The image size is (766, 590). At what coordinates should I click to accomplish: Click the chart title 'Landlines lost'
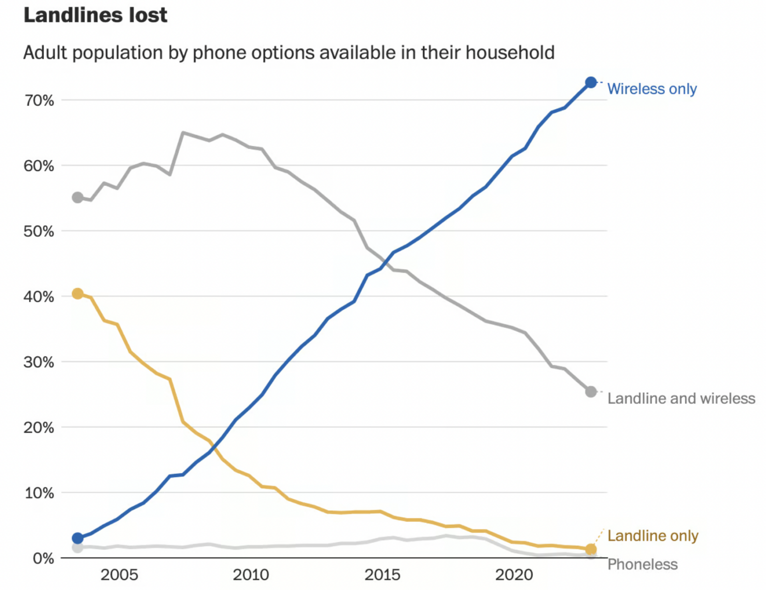pos(95,15)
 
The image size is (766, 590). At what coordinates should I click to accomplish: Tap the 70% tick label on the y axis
pos(39,101)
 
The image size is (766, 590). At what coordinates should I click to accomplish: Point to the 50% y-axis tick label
pos(39,231)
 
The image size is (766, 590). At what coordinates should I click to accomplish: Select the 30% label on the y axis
pos(39,362)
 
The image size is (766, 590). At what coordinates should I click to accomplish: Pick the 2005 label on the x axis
pos(119,575)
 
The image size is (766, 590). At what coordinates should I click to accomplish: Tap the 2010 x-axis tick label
pos(251,575)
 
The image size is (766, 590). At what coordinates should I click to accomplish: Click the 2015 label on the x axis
pos(382,575)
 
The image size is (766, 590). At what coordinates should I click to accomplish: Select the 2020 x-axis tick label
pos(514,575)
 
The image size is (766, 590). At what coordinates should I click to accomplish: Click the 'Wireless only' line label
pos(652,89)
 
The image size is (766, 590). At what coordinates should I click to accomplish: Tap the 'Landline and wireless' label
pos(681,399)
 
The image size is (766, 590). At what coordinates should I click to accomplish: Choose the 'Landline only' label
pos(653,536)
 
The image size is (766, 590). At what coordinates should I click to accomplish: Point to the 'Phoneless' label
pos(642,565)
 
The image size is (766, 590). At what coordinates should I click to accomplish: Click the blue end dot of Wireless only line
pos(591,82)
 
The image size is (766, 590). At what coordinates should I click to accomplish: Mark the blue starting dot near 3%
pos(77,538)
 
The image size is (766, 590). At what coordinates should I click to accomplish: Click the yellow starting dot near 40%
pos(77,294)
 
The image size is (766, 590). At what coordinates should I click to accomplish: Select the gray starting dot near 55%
pos(77,198)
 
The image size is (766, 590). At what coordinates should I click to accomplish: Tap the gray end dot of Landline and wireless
pos(591,392)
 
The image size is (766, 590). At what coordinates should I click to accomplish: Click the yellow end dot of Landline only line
pos(591,550)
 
